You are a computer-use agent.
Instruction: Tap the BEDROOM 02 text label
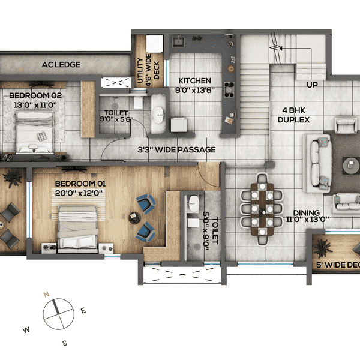[x=31, y=100]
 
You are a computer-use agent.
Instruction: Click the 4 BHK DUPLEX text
[x=294, y=115]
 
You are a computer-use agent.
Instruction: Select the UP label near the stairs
[x=312, y=85]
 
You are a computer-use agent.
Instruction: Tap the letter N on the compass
[x=46, y=295]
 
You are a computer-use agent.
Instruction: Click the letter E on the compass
[x=83, y=310]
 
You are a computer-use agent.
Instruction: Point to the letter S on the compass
[x=65, y=343]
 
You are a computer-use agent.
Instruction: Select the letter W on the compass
[x=26, y=330]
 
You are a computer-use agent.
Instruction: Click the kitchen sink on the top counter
[x=179, y=42]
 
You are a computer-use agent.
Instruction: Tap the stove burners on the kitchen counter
[x=228, y=89]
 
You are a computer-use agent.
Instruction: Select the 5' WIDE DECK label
[x=339, y=264]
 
